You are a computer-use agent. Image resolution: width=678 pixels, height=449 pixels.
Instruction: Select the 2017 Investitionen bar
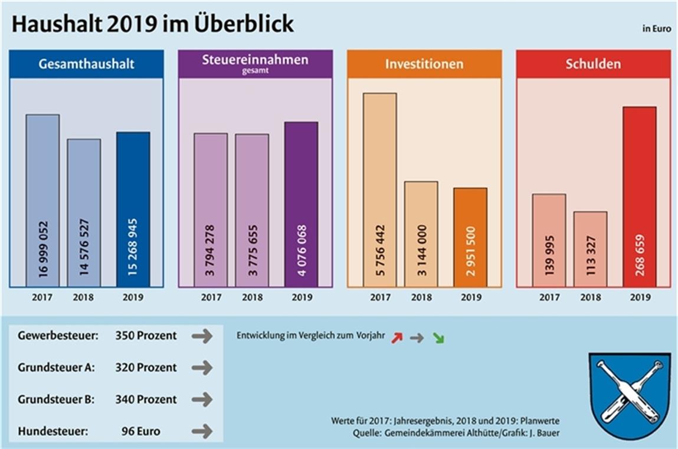pos(379,190)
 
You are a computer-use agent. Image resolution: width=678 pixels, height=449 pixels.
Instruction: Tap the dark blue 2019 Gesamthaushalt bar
pos(133,209)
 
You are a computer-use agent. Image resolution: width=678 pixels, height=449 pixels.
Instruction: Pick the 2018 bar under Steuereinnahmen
pos(252,210)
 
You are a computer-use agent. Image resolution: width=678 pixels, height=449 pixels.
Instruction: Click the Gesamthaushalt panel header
pos(86,64)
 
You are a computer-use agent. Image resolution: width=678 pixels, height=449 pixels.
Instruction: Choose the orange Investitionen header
pos(424,64)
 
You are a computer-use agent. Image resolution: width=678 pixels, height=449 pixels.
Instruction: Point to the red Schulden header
pos(593,64)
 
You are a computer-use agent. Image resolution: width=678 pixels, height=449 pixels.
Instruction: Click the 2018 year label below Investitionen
pos(421,298)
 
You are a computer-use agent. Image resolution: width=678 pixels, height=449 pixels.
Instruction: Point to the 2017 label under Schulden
pos(549,298)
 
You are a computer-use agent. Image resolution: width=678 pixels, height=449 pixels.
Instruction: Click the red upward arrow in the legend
pos(396,337)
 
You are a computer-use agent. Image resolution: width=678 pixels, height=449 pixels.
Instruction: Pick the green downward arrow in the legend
pos(438,338)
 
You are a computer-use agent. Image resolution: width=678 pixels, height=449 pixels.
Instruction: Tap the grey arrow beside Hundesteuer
pos(202,431)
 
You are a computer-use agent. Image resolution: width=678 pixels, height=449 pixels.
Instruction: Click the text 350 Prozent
pos(146,336)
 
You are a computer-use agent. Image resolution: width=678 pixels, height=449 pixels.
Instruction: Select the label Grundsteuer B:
pos(56,399)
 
